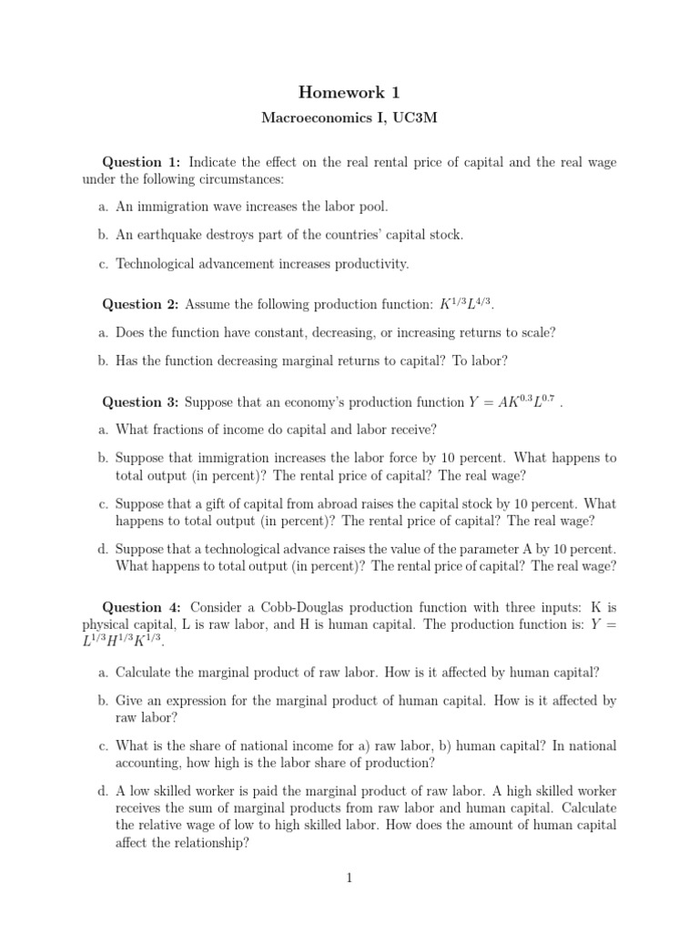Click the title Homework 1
pyautogui.click(x=349, y=92)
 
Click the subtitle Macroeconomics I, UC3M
pyautogui.click(x=349, y=118)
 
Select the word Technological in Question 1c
pyautogui.click(x=157, y=264)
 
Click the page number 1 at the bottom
pyautogui.click(x=349, y=877)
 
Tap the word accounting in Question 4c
pyautogui.click(x=148, y=763)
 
